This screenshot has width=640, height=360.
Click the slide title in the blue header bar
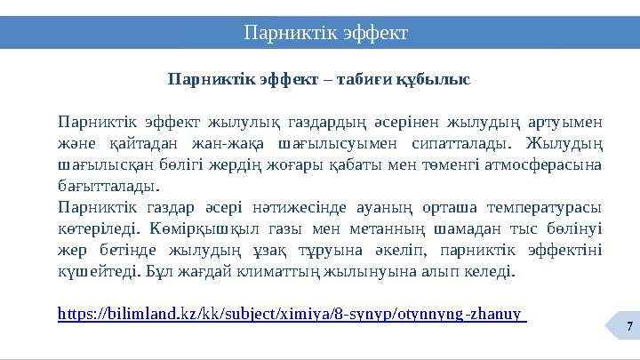[326, 33]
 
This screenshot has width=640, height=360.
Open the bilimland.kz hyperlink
[290, 314]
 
